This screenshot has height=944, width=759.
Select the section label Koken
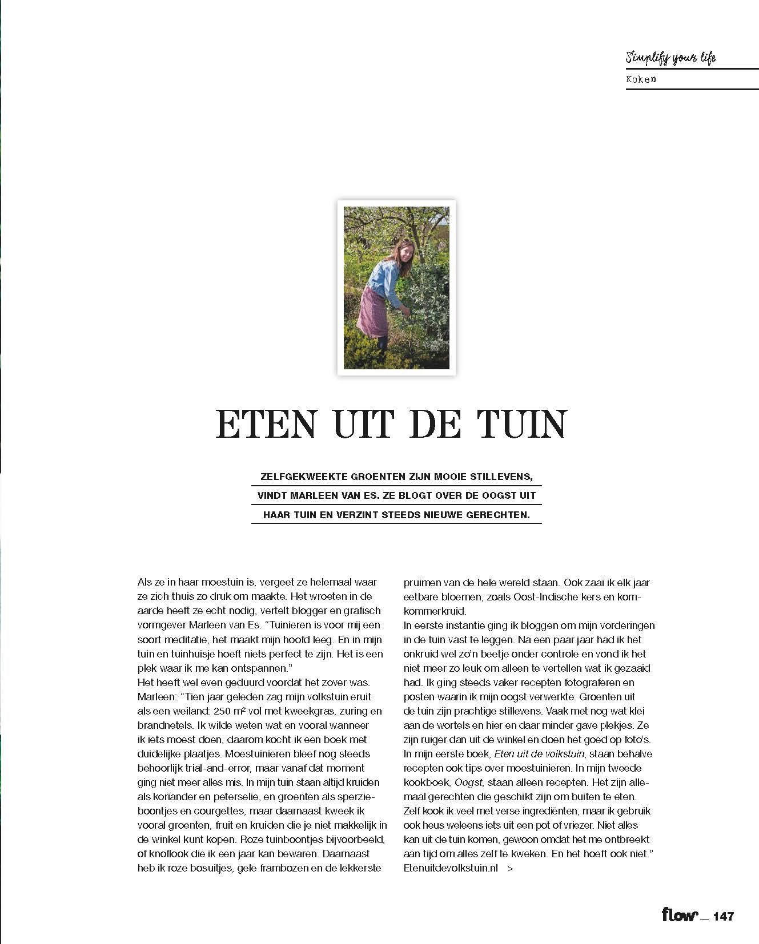[641, 79]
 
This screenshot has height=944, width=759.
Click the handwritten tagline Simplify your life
[670, 57]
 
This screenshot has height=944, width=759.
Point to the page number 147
[723, 917]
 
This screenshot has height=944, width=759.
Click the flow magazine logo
[680, 915]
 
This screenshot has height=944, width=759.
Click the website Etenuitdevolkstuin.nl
[451, 868]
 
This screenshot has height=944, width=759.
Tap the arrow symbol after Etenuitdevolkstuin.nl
[510, 868]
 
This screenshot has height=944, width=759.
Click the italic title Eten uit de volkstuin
[539, 754]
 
